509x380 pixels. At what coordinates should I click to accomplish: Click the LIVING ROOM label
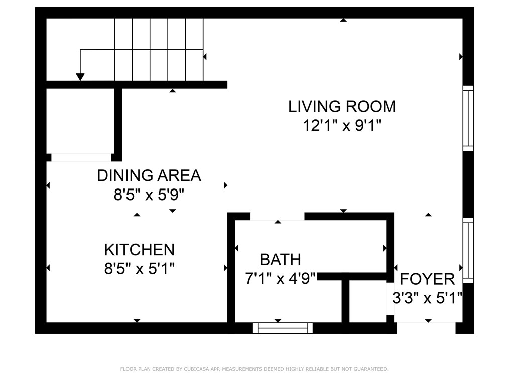pos(342,107)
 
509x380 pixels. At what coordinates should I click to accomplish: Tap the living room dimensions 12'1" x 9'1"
pos(342,125)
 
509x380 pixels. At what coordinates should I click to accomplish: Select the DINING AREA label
pos(149,175)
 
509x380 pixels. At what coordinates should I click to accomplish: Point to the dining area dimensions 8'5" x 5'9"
pos(149,195)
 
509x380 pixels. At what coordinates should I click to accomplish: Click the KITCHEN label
pos(139,250)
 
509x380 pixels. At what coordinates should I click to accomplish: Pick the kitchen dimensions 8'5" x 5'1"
pos(139,269)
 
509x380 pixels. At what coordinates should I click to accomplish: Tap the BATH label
pos(280,259)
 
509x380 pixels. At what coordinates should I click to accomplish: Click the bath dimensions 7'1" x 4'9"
pos(281,278)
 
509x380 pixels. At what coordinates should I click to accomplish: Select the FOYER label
pos(427,279)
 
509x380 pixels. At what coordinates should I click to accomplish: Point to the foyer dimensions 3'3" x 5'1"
pos(427,298)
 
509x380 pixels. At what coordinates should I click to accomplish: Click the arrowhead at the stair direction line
pos(80,77)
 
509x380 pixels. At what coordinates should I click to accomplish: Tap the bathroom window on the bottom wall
pos(283,328)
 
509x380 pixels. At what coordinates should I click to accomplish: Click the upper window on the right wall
pos(468,118)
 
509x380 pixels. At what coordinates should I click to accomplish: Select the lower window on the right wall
pos(468,251)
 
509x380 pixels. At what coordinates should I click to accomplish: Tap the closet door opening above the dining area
pos(81,157)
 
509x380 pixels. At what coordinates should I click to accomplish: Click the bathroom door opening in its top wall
pos(277,216)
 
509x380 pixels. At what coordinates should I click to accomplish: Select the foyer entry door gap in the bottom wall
pos(426,328)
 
